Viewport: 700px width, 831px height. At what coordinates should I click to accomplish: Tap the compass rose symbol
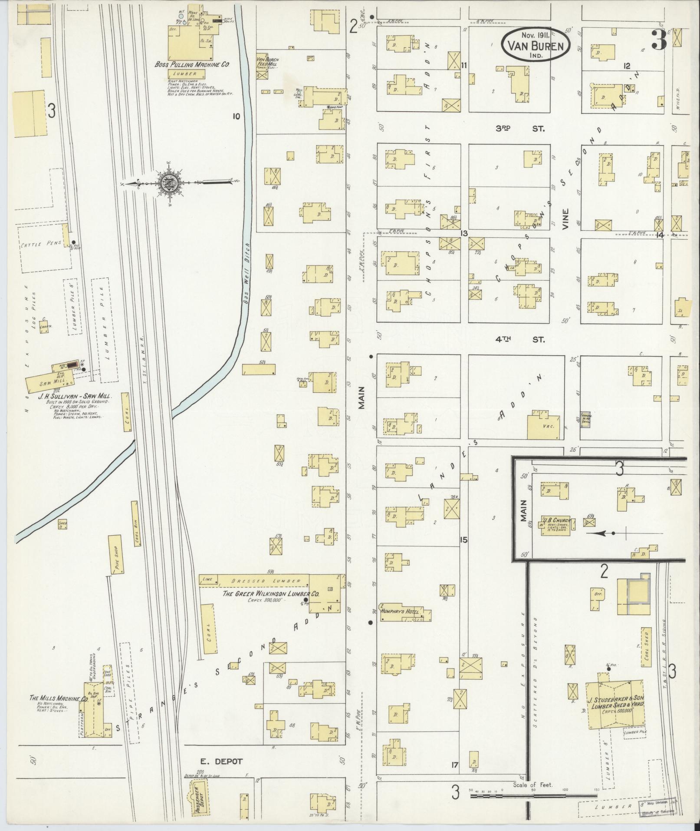tap(168, 183)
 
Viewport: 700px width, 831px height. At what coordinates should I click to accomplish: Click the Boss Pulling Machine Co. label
tap(192, 65)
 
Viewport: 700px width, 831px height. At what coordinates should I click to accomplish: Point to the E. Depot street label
tap(221, 761)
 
